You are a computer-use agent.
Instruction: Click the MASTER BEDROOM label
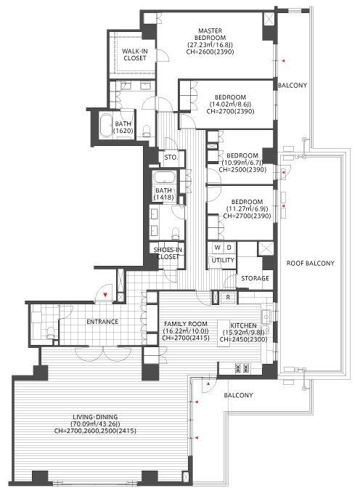pyautogui.click(x=210, y=34)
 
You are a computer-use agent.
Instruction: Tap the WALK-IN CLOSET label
pyautogui.click(x=135, y=54)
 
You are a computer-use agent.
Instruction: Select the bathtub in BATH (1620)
pyautogui.click(x=105, y=126)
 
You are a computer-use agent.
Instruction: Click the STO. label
pyautogui.click(x=171, y=158)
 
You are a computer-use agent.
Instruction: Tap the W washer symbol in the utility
pyautogui.click(x=218, y=248)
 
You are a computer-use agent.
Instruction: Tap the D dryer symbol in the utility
pyautogui.click(x=229, y=248)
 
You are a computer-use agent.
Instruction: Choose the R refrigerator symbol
pyautogui.click(x=228, y=297)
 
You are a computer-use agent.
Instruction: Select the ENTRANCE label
pyautogui.click(x=102, y=322)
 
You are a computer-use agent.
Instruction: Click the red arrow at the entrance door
pyautogui.click(x=105, y=294)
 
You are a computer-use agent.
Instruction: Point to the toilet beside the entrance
pyautogui.click(x=51, y=333)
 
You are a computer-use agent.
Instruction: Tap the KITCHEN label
pyautogui.click(x=243, y=325)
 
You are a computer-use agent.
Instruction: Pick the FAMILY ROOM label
pyautogui.click(x=186, y=324)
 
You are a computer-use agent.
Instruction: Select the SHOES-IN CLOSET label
pyautogui.click(x=168, y=253)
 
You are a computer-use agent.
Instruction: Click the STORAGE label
pyautogui.click(x=255, y=278)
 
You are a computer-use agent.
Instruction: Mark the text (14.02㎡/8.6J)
pyautogui.click(x=230, y=104)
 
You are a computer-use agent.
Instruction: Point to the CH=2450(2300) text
pyautogui.click(x=243, y=339)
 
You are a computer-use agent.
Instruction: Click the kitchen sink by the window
pyautogui.click(x=266, y=317)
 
